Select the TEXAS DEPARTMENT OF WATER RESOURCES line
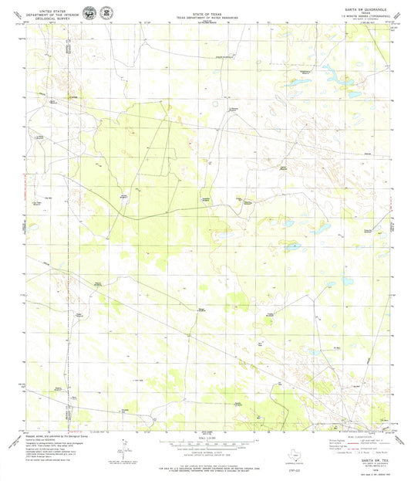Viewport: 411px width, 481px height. [204, 10]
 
